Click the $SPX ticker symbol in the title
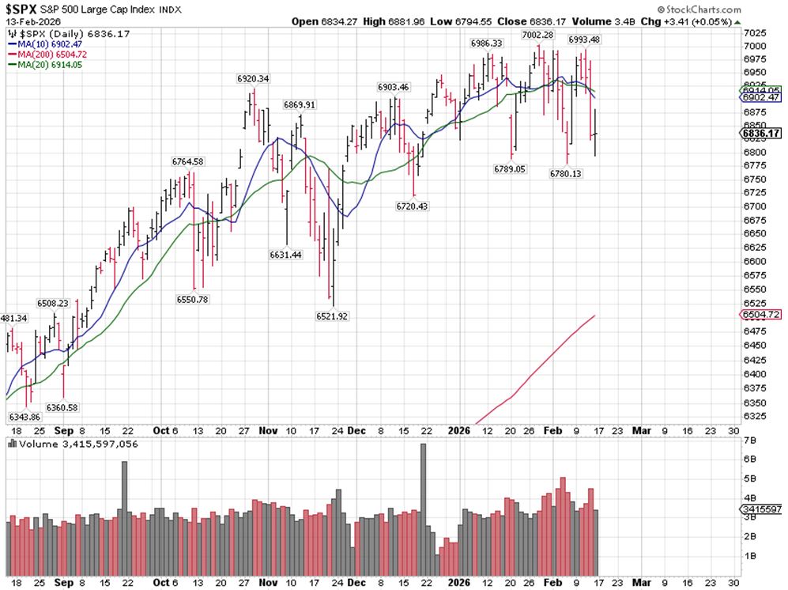tap(23, 9)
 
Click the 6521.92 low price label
tap(332, 316)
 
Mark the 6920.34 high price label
tap(253, 78)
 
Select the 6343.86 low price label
tap(24, 417)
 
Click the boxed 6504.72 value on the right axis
tap(762, 315)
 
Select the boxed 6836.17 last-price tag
tap(762, 133)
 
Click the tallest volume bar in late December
tap(423, 509)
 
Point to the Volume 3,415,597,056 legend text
tap(72, 444)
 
